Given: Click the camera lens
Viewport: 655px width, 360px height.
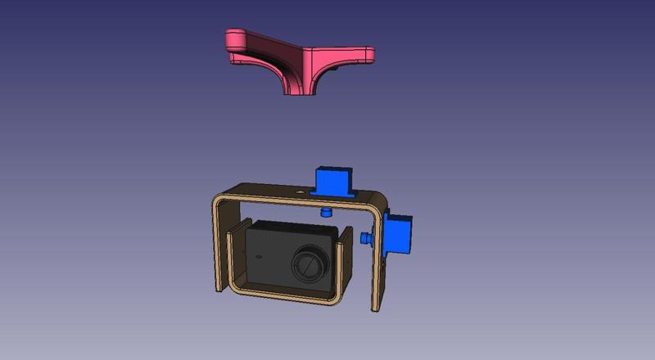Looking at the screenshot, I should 310,263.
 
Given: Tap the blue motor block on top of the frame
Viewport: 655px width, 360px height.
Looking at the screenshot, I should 336,180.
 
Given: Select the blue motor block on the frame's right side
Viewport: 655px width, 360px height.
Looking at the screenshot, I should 399,234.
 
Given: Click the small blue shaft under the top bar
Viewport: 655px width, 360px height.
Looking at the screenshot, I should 326,212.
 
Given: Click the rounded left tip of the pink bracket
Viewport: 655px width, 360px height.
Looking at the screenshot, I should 235,37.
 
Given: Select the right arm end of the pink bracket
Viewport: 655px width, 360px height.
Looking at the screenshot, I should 360,56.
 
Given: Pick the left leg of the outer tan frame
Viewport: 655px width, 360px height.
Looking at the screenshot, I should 218,245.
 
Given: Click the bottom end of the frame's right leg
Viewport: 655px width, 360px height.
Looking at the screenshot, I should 377,306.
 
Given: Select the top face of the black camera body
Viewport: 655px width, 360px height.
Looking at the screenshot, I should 291,225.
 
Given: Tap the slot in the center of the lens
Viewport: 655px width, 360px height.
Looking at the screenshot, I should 309,264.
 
